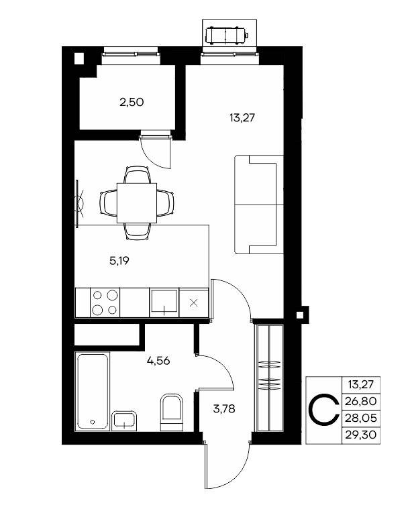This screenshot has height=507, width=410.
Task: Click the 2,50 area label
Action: [x=132, y=103]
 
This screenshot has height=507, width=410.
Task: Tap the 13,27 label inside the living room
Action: [x=242, y=118]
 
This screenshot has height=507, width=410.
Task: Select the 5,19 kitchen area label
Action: [x=119, y=261]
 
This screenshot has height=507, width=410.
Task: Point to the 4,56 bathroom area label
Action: [x=158, y=361]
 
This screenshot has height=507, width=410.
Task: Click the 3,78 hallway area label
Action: [x=224, y=409]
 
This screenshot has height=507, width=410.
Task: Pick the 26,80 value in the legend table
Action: [x=361, y=401]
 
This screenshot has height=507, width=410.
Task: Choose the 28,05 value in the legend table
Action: [x=361, y=418]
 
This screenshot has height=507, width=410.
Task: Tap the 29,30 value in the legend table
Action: [x=361, y=435]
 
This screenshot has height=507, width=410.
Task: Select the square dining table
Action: [x=137, y=203]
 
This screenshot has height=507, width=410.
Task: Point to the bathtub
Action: [x=92, y=392]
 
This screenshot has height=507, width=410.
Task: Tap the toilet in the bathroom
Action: [x=172, y=412]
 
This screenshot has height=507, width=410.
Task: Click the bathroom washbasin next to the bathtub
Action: [x=124, y=421]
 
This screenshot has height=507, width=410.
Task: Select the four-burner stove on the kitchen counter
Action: [x=105, y=302]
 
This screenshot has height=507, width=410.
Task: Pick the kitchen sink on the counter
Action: [x=164, y=302]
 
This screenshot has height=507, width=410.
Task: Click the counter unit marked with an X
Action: [x=193, y=302]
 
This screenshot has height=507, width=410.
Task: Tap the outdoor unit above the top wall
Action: [x=227, y=34]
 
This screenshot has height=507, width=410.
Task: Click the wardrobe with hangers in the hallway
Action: [x=269, y=378]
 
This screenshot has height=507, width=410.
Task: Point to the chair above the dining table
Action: [x=137, y=174]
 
